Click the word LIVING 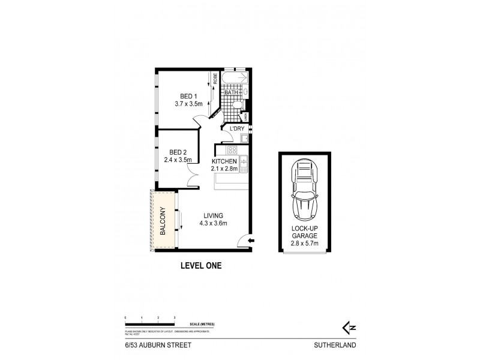click(213, 215)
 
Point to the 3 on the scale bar click(174, 316)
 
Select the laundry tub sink click(244, 139)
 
